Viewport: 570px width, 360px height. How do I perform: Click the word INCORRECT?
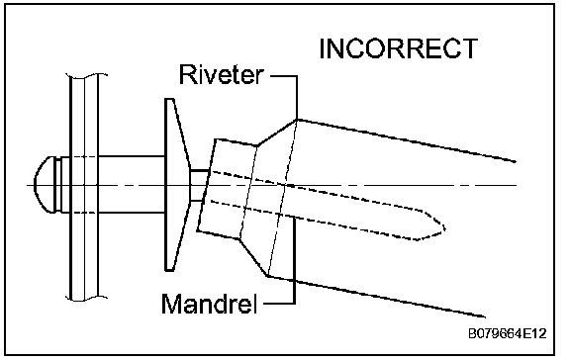point(399,48)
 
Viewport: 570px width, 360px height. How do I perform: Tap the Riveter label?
point(221,75)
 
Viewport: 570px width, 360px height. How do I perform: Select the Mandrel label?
point(209,304)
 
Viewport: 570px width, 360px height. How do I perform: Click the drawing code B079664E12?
point(507,333)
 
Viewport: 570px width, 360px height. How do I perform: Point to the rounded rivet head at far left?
point(45,185)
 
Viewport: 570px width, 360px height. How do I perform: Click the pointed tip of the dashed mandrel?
point(444,228)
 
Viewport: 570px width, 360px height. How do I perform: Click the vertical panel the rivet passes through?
point(84,187)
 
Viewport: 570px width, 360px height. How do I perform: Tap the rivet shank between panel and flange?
point(132,185)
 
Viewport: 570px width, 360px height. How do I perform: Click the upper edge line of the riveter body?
point(407,140)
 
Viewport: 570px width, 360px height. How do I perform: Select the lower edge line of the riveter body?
point(376,297)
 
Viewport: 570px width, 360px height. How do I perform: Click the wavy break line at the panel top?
point(86,76)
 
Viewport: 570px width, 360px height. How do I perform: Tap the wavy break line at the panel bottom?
point(86,299)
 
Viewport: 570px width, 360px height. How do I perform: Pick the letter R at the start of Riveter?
point(187,75)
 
